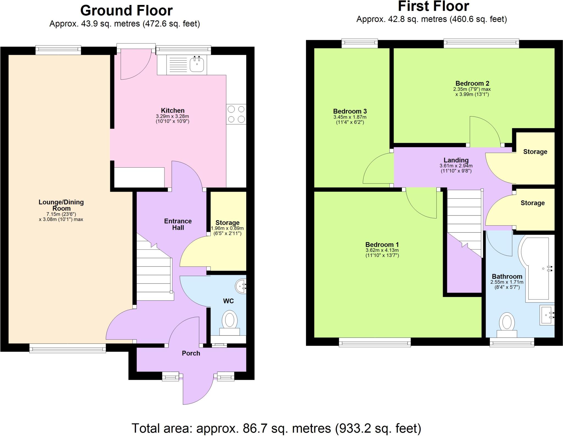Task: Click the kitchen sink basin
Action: pyautogui.click(x=197, y=64)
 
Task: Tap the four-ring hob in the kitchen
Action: pyautogui.click(x=236, y=114)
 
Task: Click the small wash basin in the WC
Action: pyautogui.click(x=241, y=286)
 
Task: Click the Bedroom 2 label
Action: pyautogui.click(x=472, y=83)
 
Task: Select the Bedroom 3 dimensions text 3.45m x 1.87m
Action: pyautogui.click(x=350, y=117)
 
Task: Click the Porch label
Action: pyautogui.click(x=191, y=353)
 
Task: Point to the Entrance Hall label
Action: pyautogui.click(x=178, y=224)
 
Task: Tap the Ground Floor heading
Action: pyautogui.click(x=126, y=11)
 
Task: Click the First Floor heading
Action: pyautogui.click(x=434, y=7)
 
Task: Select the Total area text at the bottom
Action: pyautogui.click(x=276, y=428)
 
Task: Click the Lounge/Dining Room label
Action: pyautogui.click(x=61, y=205)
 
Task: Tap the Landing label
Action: pyautogui.click(x=456, y=160)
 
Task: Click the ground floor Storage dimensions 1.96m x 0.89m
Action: pyautogui.click(x=227, y=228)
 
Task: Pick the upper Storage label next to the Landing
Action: pyautogui.click(x=535, y=152)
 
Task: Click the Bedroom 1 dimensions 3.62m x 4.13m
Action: pyautogui.click(x=382, y=250)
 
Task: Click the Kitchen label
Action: pyautogui.click(x=173, y=111)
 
